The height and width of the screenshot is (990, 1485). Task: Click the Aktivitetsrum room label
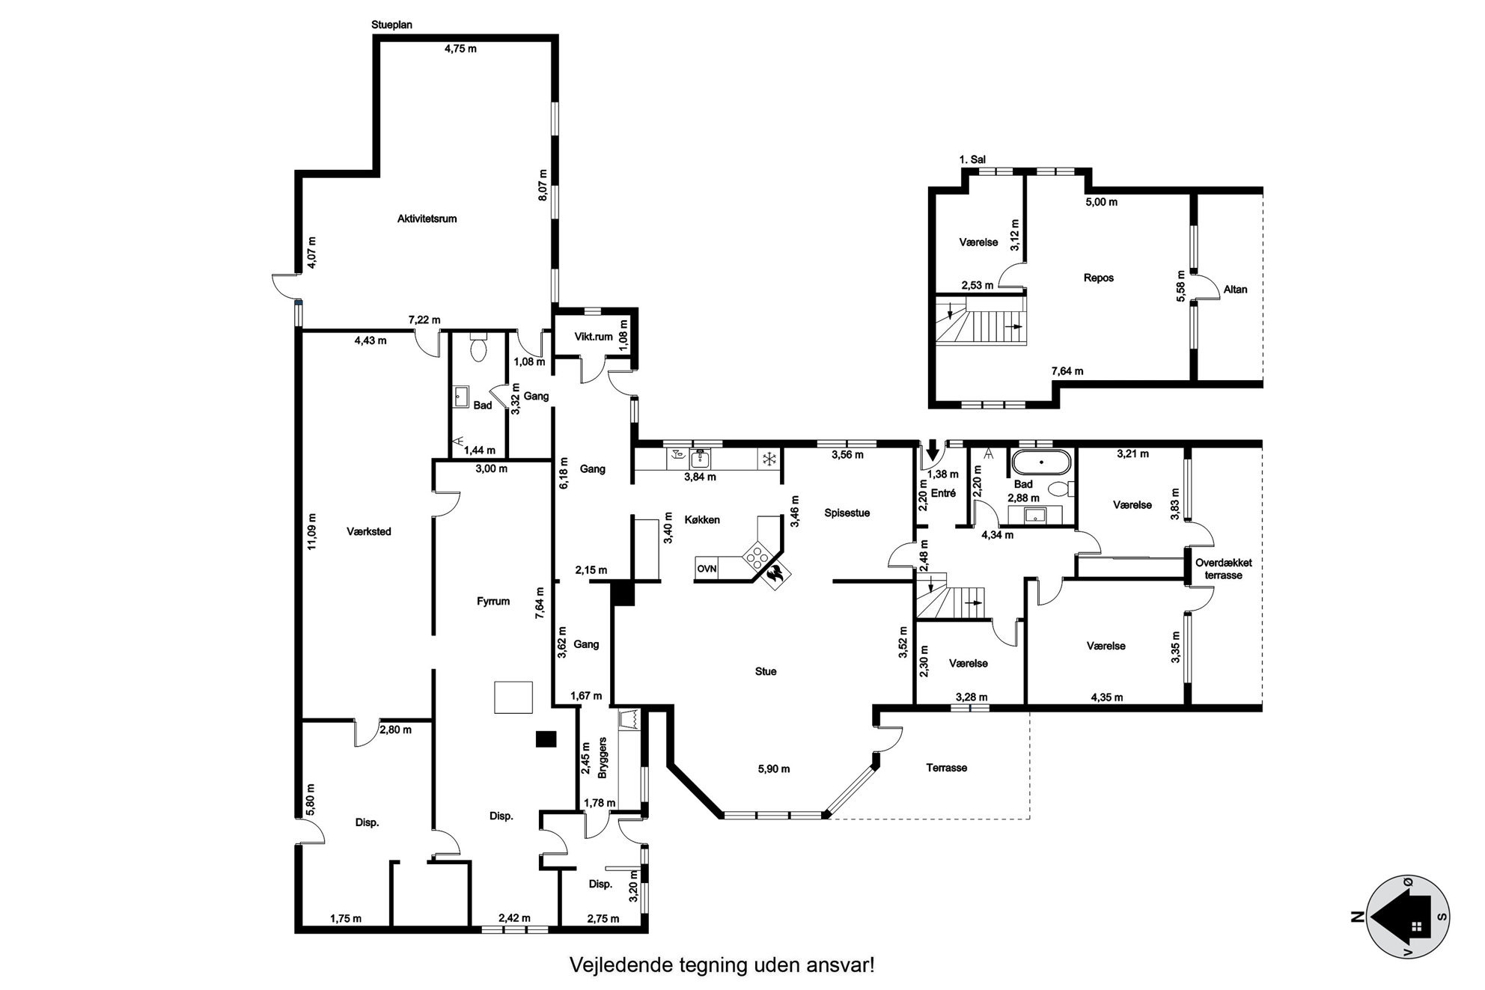coord(427,219)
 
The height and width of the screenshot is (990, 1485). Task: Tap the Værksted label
coord(369,532)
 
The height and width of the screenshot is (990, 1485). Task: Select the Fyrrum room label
coord(493,601)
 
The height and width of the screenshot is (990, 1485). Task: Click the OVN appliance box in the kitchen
coord(707,569)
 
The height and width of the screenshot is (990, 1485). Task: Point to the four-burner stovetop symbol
coord(757,555)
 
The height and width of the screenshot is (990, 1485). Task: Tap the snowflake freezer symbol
coord(768,459)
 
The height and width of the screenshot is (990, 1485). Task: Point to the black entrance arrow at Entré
coord(932,451)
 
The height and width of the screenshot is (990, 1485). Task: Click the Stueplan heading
coord(391,25)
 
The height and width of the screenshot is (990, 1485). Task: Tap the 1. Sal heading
coord(972,159)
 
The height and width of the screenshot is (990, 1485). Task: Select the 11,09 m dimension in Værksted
coord(311,531)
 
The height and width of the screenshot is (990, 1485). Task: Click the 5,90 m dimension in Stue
coord(774,769)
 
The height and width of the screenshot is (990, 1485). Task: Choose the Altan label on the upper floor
coord(1235,290)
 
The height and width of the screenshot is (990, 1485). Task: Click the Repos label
coord(1099,278)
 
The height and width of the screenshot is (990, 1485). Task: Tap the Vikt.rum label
coord(594,337)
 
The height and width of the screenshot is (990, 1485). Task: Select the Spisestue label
coord(847,513)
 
